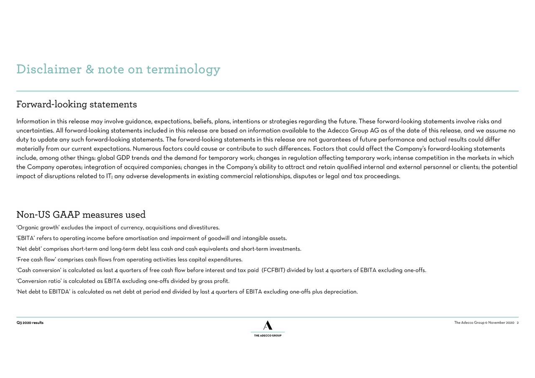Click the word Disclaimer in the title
(x=48, y=69)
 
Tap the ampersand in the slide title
(x=89, y=69)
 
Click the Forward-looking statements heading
(x=76, y=104)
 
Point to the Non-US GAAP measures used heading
(x=81, y=215)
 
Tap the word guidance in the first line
(x=138, y=122)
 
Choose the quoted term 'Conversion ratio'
(x=39, y=281)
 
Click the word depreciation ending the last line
(x=340, y=292)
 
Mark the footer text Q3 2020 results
(x=30, y=323)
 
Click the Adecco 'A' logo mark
(x=267, y=325)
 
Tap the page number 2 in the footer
(x=517, y=323)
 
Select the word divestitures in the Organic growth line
(x=204, y=228)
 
